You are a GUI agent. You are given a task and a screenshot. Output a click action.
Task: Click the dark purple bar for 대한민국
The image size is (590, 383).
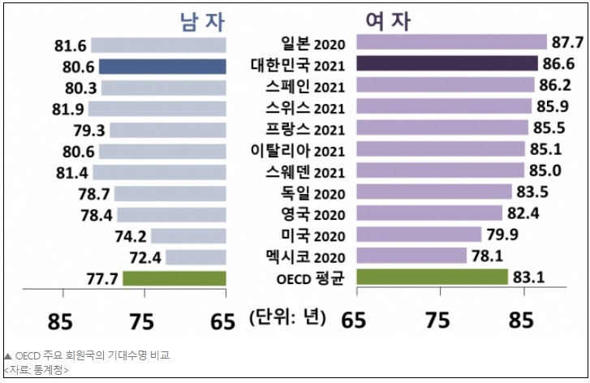coord(447,64)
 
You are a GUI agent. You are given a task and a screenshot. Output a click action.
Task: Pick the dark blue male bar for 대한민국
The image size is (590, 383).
coord(162,67)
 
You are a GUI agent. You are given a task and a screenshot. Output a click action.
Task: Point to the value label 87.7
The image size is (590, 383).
coord(567,42)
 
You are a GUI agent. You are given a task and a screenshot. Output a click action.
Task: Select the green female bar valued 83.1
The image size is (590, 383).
coord(432,277)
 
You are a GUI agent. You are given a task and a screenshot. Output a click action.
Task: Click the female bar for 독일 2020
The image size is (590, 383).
coord(434,191)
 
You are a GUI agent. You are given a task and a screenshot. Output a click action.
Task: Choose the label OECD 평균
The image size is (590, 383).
coord(312,277)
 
